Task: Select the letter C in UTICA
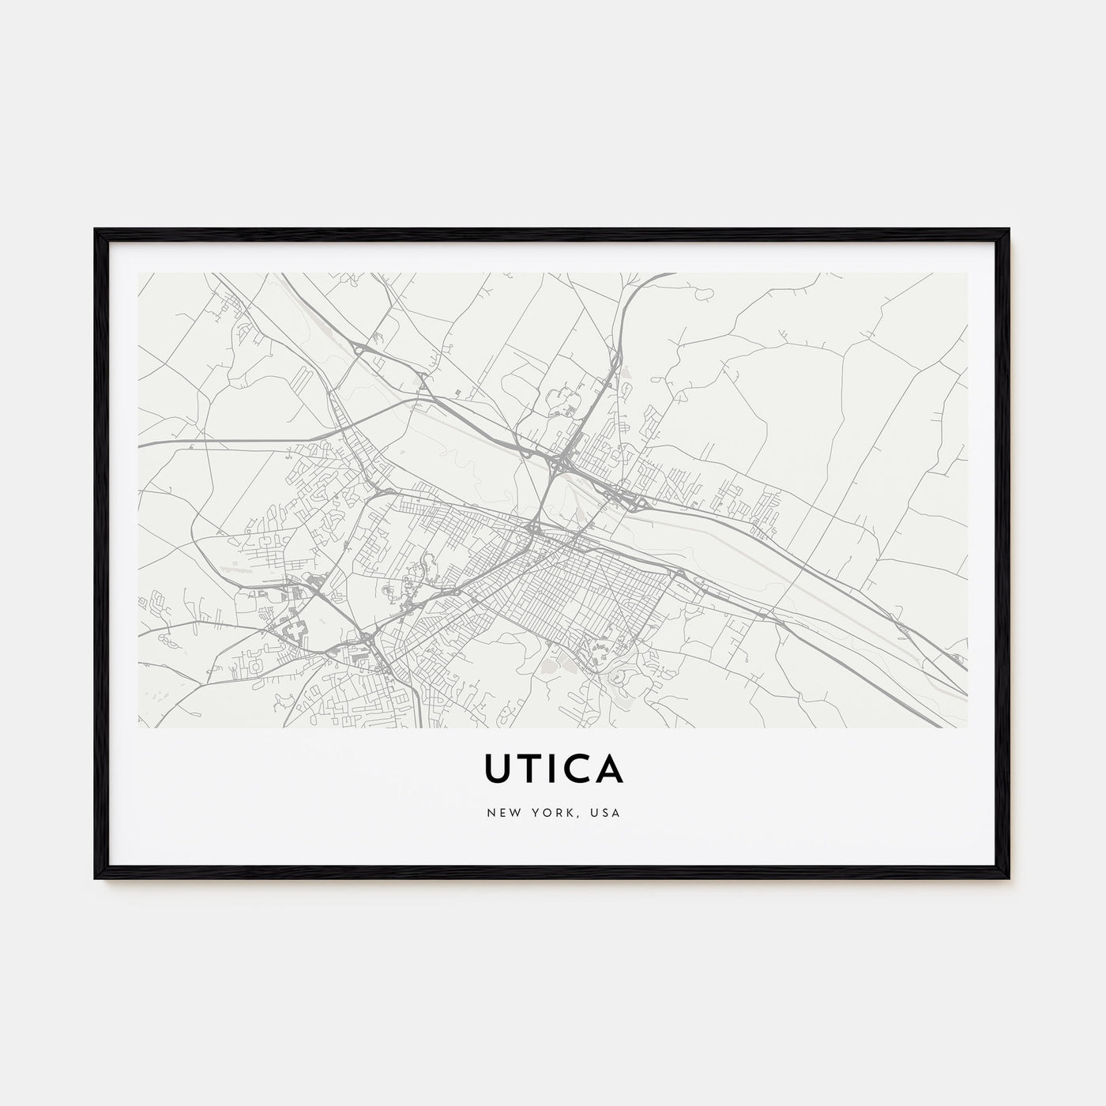point(577,769)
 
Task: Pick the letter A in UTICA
point(610,769)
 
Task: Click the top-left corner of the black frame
point(95,229)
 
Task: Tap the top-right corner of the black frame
point(1010,229)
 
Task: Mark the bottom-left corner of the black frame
point(95,879)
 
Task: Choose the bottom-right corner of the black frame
point(1010,879)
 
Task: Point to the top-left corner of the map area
point(138,273)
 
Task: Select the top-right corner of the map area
point(967,273)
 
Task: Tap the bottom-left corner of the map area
point(138,727)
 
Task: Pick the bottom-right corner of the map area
point(967,727)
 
